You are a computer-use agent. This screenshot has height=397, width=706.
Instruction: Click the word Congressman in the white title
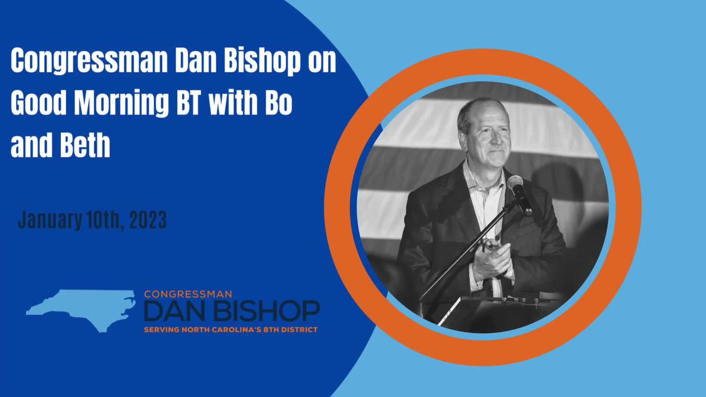click(x=88, y=62)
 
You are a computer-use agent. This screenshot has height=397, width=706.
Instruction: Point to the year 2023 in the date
click(x=148, y=220)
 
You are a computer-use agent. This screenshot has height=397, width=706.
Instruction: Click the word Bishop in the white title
click(x=261, y=62)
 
